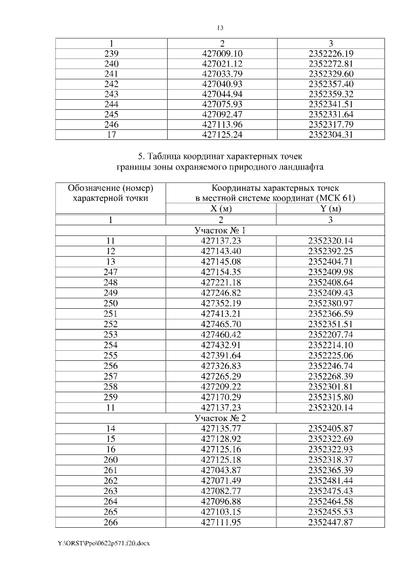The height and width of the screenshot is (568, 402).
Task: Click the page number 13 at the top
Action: tap(220, 28)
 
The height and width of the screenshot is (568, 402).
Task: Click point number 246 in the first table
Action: tap(111, 124)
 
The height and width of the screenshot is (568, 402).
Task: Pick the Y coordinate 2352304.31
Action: tap(331, 134)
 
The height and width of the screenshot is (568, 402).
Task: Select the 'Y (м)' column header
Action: tap(331, 209)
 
